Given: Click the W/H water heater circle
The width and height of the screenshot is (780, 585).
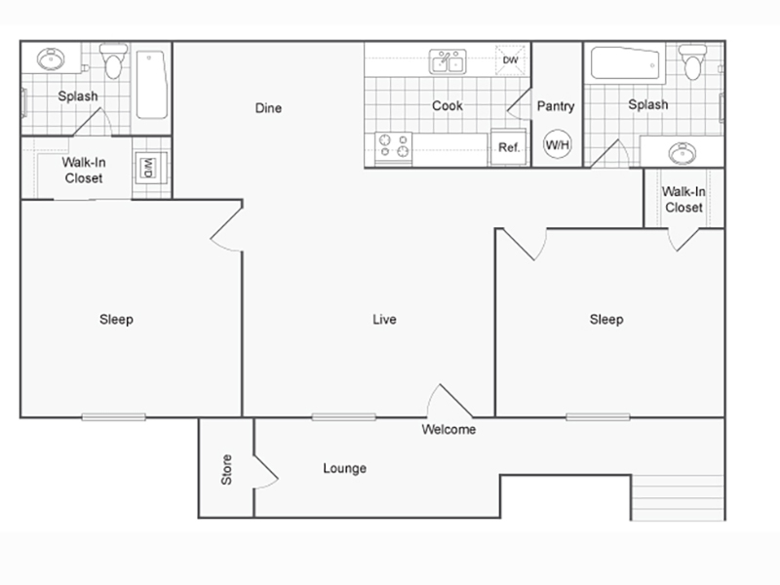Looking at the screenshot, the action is [x=557, y=144].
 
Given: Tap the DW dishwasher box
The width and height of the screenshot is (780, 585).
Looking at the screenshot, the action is [x=510, y=60].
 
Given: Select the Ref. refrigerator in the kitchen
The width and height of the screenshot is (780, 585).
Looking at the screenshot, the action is [x=508, y=147].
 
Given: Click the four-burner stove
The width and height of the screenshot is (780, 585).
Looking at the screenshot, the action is [x=394, y=147].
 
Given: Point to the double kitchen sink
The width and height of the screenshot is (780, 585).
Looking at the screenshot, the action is [x=448, y=61].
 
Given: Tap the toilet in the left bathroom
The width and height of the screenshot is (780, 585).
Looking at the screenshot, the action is [x=113, y=61].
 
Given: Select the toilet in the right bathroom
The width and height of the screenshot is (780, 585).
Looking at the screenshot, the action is [x=693, y=62].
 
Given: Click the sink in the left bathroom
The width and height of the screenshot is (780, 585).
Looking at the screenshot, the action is [x=51, y=59].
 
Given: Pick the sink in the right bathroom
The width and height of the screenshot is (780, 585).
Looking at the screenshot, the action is [x=682, y=153].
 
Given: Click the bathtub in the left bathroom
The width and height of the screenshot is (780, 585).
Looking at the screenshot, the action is [x=152, y=85].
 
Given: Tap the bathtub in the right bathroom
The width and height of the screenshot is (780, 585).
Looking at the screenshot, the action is [x=626, y=63].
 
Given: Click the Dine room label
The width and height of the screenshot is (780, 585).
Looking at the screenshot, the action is [x=268, y=108].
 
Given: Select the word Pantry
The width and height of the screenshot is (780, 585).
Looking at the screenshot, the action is [x=556, y=106].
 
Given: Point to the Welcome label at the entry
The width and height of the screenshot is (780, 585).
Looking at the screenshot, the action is [x=448, y=429].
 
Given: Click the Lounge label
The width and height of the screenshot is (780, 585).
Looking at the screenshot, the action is [x=345, y=468].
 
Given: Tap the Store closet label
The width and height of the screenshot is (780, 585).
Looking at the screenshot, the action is [x=226, y=469].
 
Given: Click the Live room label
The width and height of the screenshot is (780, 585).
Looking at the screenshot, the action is [x=384, y=320].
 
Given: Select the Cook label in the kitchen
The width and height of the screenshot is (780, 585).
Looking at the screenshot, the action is [x=448, y=105].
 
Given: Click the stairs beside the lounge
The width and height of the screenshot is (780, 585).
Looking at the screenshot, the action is [x=678, y=498].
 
